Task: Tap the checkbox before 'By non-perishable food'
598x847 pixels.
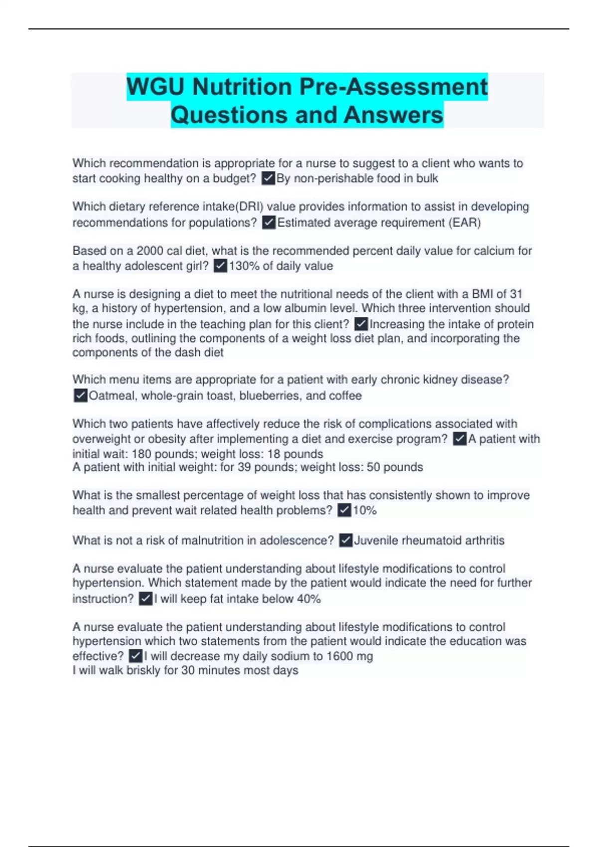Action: click(268, 178)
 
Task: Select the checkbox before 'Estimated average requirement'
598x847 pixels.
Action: click(269, 222)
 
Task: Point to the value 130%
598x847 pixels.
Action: click(244, 266)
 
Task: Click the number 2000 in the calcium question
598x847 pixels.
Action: click(149, 251)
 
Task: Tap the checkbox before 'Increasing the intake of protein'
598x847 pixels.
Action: click(361, 324)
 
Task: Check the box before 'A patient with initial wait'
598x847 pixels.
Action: click(459, 439)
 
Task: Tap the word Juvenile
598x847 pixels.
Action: click(376, 541)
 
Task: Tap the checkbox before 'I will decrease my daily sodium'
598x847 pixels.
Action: click(136, 656)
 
